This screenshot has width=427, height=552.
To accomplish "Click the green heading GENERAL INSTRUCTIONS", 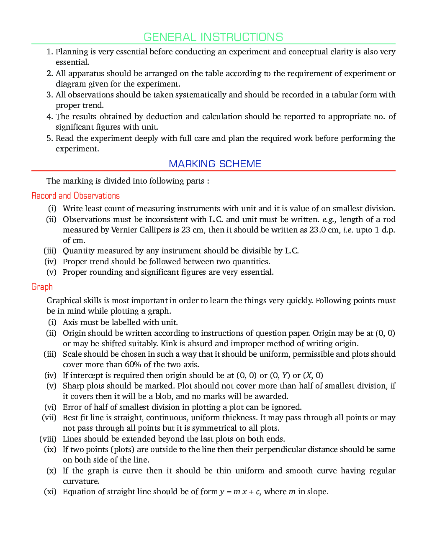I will [x=213, y=37].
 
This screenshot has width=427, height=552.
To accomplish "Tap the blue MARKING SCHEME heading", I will [x=215, y=164].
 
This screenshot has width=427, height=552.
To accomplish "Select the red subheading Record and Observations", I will [x=75, y=196].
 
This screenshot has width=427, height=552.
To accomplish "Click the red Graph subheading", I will [x=42, y=287].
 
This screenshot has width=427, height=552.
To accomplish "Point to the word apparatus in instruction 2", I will [x=87, y=74].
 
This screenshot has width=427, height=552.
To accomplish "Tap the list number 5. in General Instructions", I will [x=50, y=138].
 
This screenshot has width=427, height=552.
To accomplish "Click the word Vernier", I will [x=124, y=230].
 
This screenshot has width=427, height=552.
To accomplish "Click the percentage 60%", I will [x=133, y=365].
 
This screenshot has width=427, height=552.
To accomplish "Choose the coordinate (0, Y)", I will [x=280, y=376].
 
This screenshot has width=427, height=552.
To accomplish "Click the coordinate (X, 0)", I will [x=313, y=376].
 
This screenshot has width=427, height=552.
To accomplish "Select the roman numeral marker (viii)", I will [x=48, y=439].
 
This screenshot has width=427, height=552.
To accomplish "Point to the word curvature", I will [x=81, y=481].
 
